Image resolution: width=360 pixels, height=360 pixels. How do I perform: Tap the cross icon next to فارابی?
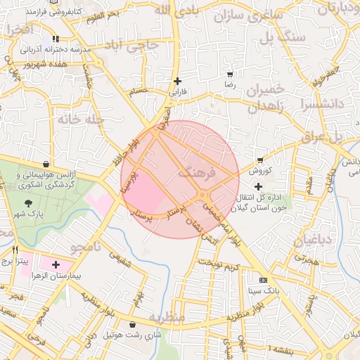coord(177,81)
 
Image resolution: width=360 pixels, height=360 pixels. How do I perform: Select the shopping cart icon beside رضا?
coord(230,74)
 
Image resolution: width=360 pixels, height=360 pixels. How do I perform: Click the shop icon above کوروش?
coord(260,160)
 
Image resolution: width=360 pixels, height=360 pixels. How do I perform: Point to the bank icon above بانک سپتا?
coord(263,279)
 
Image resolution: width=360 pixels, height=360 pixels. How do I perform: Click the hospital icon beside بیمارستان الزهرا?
coord(56,264)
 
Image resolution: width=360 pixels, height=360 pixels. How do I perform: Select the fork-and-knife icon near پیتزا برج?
coord(14,250)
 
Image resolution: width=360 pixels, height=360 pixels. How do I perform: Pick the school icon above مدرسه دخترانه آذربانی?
coord(56,39)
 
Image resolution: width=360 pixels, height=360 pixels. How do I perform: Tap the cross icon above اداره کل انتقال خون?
coord(258,186)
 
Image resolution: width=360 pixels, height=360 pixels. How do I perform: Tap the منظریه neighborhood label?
coord(167,317)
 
